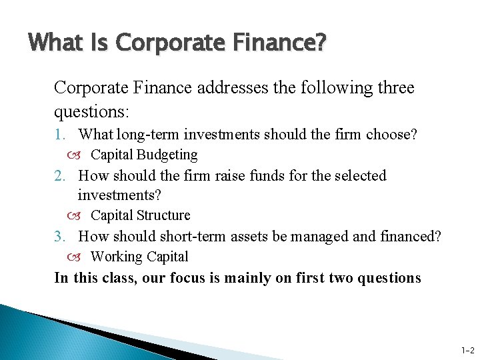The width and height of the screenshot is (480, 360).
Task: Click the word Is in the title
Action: tap(97, 43)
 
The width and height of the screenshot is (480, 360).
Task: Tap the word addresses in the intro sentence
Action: tap(227, 87)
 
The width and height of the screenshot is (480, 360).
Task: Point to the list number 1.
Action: tap(60, 135)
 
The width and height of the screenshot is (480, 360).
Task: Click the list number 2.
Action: tap(60, 176)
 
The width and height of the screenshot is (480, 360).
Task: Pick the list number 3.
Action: tap(60, 236)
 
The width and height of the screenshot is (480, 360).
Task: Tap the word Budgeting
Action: tap(167, 155)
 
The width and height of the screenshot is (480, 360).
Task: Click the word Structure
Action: tap(163, 215)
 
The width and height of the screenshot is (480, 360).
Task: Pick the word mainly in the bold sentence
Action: tap(249, 278)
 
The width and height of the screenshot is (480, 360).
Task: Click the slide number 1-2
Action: tap(467, 350)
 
